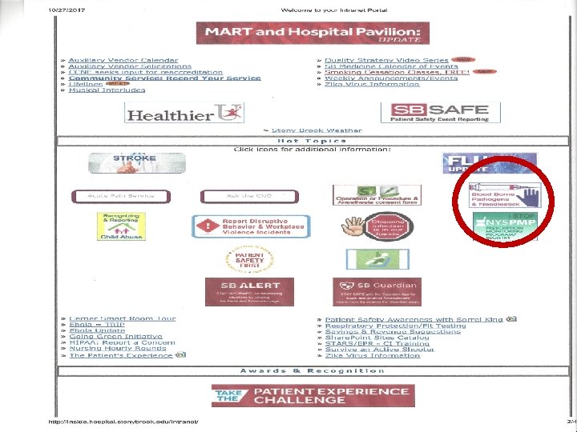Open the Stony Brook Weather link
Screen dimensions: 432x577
[317, 130]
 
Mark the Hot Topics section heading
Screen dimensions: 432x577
[311, 141]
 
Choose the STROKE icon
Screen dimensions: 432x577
[134, 162]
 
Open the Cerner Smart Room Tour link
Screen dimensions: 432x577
[122, 319]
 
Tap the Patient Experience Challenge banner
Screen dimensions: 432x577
[313, 395]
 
